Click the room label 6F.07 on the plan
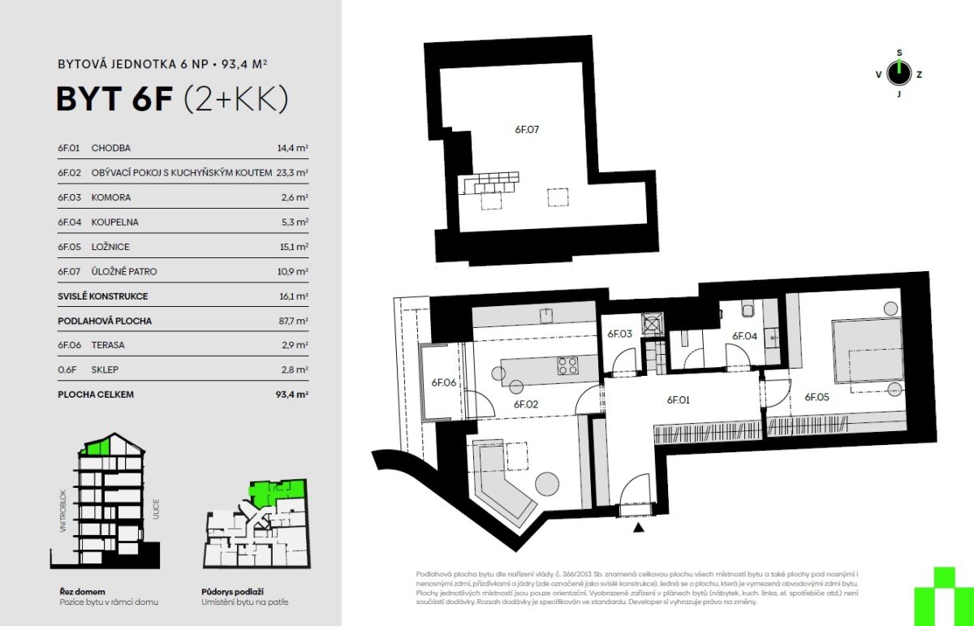[527, 130]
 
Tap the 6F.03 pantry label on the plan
[619, 334]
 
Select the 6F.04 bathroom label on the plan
[744, 336]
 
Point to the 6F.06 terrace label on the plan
[443, 382]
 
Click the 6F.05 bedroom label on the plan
[817, 397]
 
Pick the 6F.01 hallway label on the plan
[679, 399]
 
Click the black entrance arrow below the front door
[638, 528]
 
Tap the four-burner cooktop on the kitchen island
[568, 366]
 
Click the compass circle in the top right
[899, 73]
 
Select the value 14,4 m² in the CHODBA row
[293, 148]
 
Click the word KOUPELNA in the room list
[114, 222]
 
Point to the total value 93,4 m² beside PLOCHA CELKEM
[291, 395]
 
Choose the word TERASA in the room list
[108, 345]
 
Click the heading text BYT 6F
[114, 99]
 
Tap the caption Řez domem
[82, 592]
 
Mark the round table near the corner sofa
[546, 483]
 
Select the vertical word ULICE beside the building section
[156, 509]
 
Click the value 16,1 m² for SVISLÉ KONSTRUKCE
[294, 296]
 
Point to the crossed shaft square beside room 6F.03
[653, 324]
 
